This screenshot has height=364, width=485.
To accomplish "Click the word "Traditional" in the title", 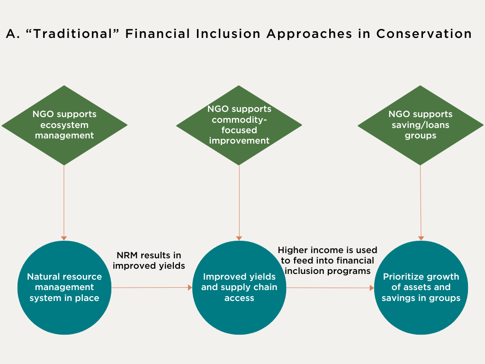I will pos(64,34).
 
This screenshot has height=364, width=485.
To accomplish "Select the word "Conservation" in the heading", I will pos(424,34).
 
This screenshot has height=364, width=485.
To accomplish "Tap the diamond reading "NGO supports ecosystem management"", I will pos(64,125).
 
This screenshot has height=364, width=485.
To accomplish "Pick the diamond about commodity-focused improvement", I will pos(239,125).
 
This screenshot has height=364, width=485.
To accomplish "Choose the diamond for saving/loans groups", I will pos(420,125).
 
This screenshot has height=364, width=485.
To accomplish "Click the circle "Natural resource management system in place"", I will pos(64,287).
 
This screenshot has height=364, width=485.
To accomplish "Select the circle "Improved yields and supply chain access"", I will pos(239,287).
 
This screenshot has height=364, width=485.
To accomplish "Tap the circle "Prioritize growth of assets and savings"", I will pos(421,287).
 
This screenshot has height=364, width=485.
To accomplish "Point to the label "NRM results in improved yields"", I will pos(149,261).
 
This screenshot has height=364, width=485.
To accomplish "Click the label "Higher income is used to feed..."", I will pos(327,261).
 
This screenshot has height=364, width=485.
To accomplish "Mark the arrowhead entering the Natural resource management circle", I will pos(64,238).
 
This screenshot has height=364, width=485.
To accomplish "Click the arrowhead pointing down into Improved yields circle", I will pos(239,238).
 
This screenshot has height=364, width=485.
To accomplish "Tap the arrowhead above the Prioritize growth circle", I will pos(421,238).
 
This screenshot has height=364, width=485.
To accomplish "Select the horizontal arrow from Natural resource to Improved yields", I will pos(152,287).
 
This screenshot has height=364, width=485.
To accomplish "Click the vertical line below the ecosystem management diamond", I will pos(64,199).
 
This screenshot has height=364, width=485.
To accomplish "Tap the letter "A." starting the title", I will pos(12,34).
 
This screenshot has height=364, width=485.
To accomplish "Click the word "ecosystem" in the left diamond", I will pos(64,125).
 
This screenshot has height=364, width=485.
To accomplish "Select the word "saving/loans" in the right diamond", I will pos(420,125).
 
